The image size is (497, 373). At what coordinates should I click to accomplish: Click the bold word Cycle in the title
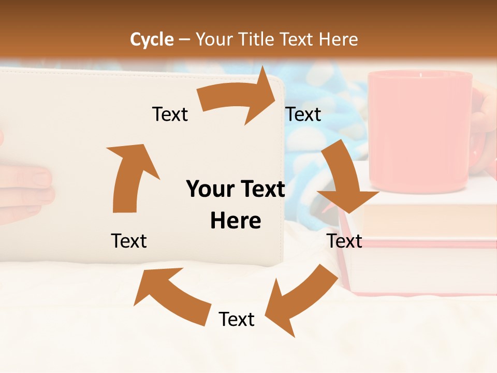[152, 39]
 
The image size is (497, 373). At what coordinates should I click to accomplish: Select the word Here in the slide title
[338, 39]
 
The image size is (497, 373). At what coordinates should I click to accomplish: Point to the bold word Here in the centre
[236, 221]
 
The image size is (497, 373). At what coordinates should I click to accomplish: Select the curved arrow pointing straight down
[344, 179]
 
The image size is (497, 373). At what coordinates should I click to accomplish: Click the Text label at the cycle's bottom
[237, 320]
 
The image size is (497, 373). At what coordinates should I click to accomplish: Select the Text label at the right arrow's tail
[170, 114]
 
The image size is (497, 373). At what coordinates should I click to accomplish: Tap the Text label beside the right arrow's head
[303, 114]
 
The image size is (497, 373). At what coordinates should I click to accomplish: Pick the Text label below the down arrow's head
[344, 241]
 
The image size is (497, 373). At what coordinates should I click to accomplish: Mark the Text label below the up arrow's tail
[129, 241]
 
